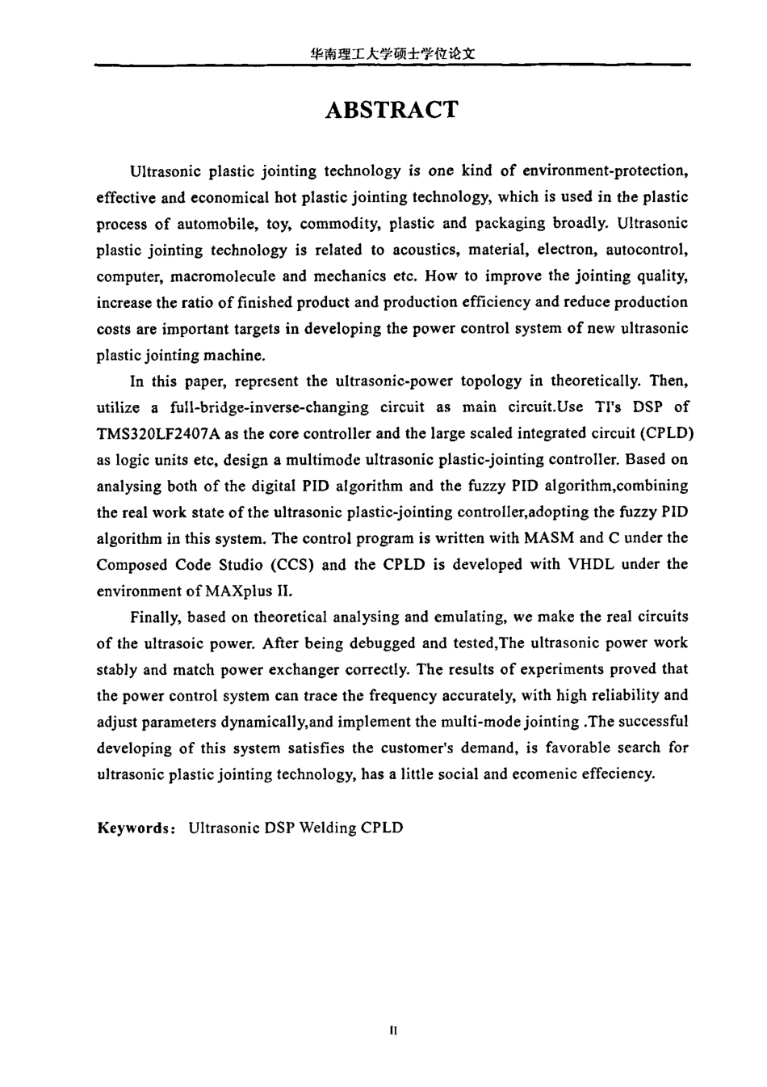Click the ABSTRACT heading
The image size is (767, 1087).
tap(391, 111)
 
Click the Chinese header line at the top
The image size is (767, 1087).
tap(391, 54)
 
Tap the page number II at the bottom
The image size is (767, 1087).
tap(393, 1031)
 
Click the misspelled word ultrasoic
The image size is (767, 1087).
tap(185, 643)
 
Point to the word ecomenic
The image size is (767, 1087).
tap(548, 773)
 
